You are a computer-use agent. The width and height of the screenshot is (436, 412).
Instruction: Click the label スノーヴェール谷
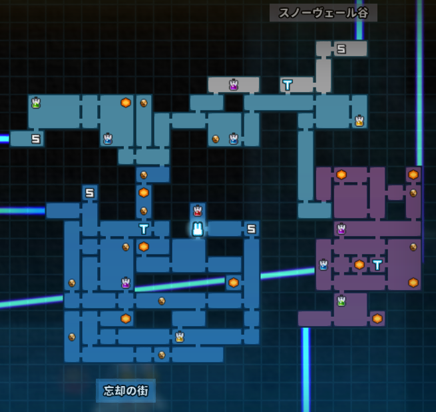324,13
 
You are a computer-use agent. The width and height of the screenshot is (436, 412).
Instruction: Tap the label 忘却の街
126,391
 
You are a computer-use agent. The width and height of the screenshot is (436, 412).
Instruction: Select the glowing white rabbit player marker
198,229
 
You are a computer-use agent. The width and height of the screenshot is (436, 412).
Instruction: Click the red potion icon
198,211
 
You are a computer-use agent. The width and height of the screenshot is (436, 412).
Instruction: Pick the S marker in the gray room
341,49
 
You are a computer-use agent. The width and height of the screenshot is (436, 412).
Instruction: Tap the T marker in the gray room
288,85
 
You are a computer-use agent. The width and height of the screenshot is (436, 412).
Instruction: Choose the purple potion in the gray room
234,85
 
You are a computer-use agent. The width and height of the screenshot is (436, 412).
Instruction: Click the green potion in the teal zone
36,103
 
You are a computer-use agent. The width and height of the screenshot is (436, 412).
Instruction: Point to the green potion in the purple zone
341,301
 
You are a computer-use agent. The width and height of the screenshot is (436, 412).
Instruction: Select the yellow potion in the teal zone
359,121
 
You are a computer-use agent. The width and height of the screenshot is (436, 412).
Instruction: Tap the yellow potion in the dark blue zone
180,337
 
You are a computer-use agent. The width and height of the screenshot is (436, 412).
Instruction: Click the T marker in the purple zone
377,265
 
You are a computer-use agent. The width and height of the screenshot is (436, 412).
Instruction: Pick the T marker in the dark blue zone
144,229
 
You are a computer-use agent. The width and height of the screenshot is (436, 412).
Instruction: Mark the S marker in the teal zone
36,139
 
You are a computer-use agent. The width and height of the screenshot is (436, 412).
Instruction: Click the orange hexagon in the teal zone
126,103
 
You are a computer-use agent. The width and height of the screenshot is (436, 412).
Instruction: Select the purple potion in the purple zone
341,229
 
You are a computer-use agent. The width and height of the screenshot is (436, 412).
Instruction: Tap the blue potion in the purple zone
323,265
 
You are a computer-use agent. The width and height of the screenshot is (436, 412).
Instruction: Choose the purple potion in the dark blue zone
126,283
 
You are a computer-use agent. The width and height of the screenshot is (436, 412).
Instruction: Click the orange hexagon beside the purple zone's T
359,265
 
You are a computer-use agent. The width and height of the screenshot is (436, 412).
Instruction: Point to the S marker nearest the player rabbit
252,229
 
